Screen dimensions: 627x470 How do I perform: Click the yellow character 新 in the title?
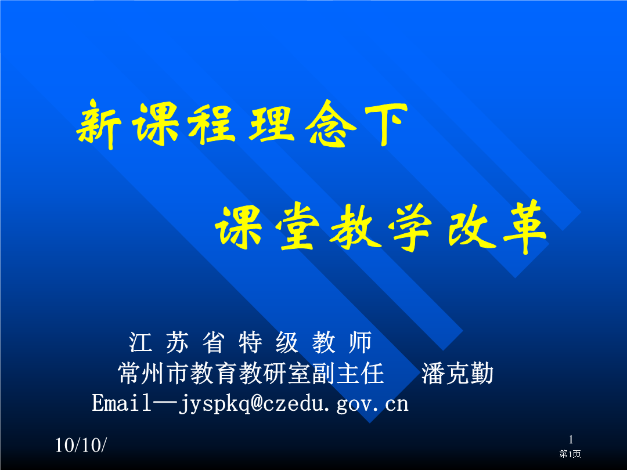[x=99, y=124]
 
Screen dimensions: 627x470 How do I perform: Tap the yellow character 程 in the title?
[x=212, y=123]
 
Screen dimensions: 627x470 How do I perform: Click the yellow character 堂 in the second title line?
[x=297, y=227]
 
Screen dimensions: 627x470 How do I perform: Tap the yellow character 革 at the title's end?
[x=525, y=227]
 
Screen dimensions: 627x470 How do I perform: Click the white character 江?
[x=140, y=342]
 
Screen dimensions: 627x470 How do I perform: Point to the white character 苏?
[x=177, y=342]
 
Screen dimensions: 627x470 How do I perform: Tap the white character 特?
[x=251, y=342]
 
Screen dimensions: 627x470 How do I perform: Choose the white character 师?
[x=361, y=342]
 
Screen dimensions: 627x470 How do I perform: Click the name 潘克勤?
[x=457, y=373]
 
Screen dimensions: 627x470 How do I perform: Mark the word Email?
[x=121, y=403]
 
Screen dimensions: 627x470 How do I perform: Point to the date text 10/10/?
[x=81, y=445]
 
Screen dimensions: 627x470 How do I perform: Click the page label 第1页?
[x=570, y=454]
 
